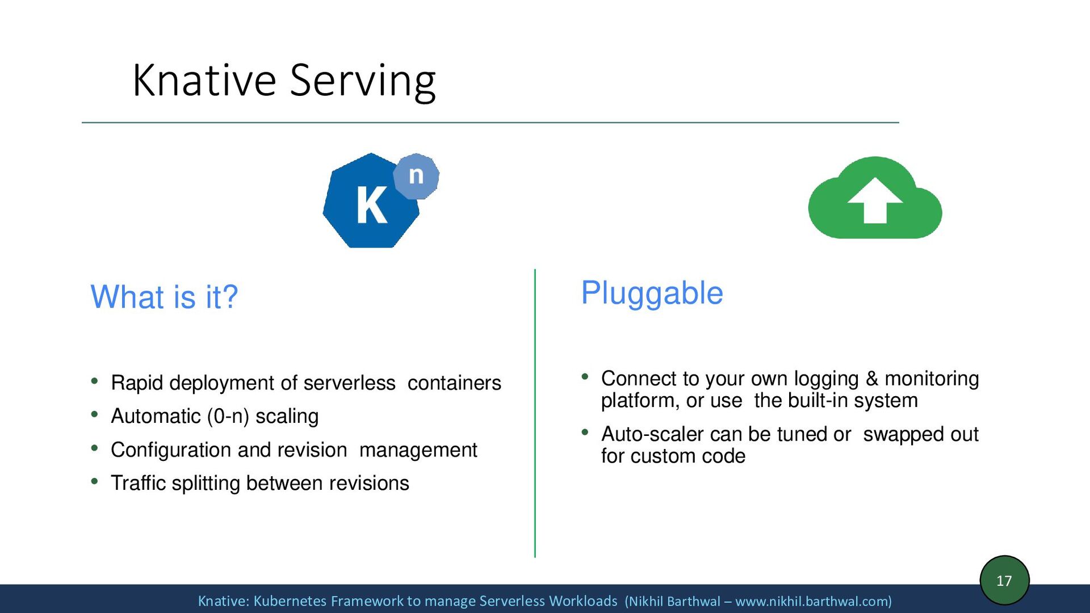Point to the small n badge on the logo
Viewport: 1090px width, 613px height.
click(x=416, y=175)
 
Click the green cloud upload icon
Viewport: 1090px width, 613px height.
click(x=874, y=199)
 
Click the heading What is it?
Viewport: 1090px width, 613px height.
click(x=164, y=297)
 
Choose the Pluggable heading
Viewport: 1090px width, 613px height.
click(x=652, y=293)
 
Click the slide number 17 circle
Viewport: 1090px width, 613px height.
click(x=1004, y=580)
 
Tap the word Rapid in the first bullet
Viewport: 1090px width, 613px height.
click(x=137, y=383)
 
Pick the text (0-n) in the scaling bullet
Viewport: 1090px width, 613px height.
click(x=228, y=417)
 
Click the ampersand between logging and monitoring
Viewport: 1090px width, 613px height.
click(x=871, y=379)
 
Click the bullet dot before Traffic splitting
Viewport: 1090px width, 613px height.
click(x=95, y=482)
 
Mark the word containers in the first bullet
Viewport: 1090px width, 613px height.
click(x=454, y=383)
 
